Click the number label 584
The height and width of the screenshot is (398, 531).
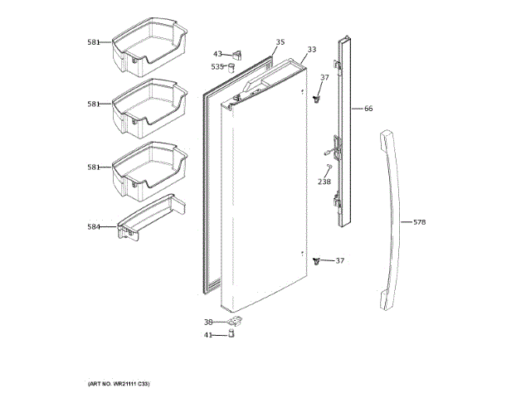(x=94, y=226)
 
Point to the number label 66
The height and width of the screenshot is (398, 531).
(x=368, y=109)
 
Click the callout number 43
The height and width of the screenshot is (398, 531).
(x=217, y=54)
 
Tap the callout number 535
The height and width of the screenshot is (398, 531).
(x=217, y=66)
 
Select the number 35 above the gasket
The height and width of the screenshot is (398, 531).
(x=280, y=42)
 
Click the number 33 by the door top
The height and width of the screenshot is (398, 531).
(x=311, y=50)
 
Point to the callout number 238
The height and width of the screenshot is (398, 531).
(x=324, y=181)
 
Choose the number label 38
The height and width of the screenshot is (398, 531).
(x=209, y=322)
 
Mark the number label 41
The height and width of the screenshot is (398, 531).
(x=209, y=335)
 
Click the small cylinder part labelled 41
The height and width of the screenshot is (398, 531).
(x=231, y=334)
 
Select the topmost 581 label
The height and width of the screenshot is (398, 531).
(x=94, y=41)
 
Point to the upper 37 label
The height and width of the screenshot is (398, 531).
(x=325, y=78)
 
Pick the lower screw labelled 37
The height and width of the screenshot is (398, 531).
(x=317, y=261)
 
